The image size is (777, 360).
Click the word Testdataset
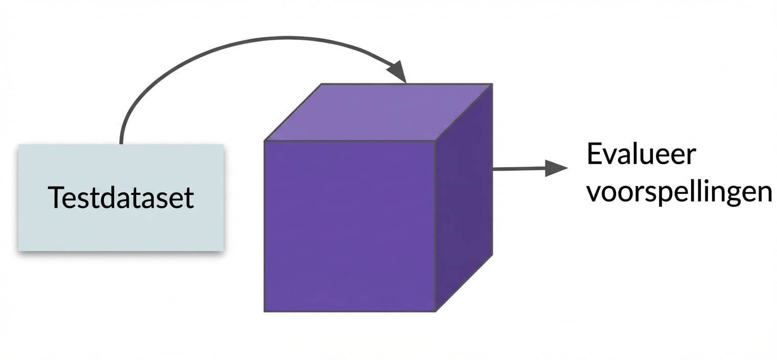pyautogui.click(x=121, y=197)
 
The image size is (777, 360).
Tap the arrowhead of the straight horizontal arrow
pyautogui.click(x=556, y=168)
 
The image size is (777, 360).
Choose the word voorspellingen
pyautogui.click(x=678, y=193)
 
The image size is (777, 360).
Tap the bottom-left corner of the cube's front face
pyautogui.click(x=265, y=311)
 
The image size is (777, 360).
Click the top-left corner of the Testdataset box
pyautogui.click(x=19, y=145)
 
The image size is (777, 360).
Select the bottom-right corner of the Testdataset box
pyautogui.click(x=223, y=250)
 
